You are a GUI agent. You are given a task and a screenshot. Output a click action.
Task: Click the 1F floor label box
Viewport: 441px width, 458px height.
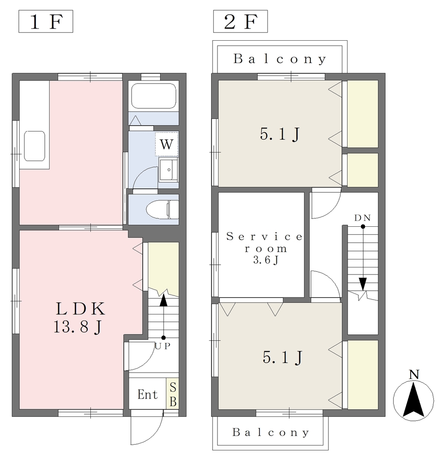pos(46,21)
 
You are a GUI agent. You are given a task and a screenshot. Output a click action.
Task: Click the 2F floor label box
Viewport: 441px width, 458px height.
pos(240,21)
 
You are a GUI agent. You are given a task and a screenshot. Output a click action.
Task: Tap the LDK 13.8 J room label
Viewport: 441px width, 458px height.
pos(79,318)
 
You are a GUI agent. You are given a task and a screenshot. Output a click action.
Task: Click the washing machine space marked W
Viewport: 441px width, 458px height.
pos(167,144)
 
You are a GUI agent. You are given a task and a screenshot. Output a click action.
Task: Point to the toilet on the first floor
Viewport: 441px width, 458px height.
pos(162,209)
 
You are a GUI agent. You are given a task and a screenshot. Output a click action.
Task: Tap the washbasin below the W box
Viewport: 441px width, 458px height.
pos(169,170)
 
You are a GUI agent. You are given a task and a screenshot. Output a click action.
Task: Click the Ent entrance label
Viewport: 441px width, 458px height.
pos(148,394)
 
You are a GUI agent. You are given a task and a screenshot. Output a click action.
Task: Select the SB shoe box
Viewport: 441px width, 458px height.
pos(173,394)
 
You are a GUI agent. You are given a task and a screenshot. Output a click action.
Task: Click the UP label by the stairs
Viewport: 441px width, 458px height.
pos(162,346)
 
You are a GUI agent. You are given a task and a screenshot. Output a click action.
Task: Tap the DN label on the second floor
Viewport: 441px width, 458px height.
pos(362,218)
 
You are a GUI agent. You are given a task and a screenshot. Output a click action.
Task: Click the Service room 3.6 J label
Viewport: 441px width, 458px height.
pos(265,248)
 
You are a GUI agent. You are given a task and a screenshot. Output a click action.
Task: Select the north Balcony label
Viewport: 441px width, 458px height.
pos(280,59)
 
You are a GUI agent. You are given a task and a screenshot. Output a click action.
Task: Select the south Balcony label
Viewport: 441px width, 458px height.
pos(271,433)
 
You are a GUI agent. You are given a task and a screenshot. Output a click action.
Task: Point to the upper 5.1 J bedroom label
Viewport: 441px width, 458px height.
pos(280,134)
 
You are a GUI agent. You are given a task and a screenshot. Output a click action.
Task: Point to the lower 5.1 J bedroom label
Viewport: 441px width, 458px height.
pos(283,357)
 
